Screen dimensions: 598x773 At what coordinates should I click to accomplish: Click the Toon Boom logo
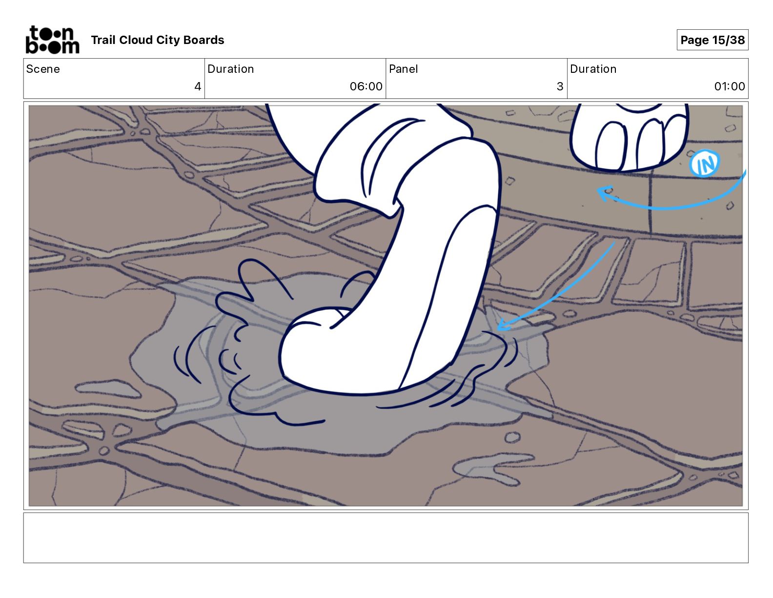click(52, 40)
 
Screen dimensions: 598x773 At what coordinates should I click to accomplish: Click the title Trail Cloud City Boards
click(157, 40)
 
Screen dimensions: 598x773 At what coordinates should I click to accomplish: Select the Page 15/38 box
click(712, 40)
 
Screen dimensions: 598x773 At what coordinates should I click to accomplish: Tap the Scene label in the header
click(43, 69)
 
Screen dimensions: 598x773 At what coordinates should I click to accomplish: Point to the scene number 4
click(197, 86)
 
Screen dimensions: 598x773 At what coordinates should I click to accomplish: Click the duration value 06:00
click(366, 86)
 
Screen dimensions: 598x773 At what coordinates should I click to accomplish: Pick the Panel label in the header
click(403, 69)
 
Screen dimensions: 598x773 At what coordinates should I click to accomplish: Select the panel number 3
click(560, 86)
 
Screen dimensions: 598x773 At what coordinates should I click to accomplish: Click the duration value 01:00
click(729, 86)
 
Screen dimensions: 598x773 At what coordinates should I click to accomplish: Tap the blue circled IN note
click(705, 164)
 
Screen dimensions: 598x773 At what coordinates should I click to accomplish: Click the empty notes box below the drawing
click(386, 537)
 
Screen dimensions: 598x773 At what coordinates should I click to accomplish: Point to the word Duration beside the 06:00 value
click(230, 69)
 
